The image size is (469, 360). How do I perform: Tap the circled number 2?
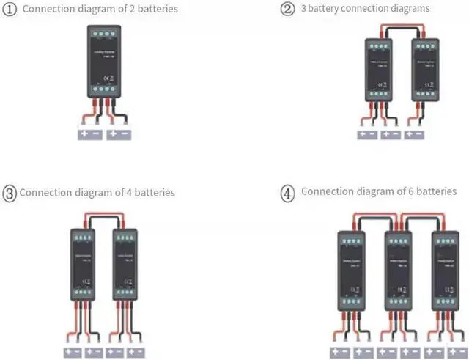[x=287, y=9]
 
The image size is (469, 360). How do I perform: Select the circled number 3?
[x=10, y=194]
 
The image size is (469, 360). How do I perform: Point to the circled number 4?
[x=288, y=193]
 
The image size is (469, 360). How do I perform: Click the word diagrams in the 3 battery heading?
[x=407, y=9]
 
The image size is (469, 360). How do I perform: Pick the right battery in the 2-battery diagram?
[x=119, y=135]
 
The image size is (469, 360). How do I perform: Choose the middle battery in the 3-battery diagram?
[x=391, y=134]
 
